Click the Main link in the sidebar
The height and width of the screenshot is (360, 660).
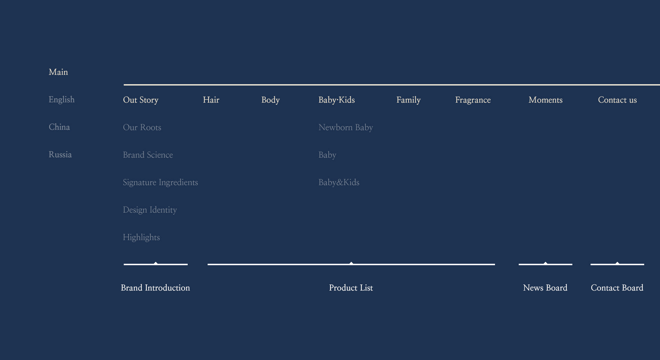[x=58, y=72]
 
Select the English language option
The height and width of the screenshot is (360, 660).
[x=62, y=100]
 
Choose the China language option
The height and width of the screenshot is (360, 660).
[x=59, y=127]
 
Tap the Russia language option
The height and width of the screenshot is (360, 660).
[x=60, y=155]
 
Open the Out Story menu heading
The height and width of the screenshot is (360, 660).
[x=141, y=100]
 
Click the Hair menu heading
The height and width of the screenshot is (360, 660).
[x=211, y=100]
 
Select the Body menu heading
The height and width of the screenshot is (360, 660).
[x=271, y=100]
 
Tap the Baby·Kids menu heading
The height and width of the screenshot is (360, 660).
[x=337, y=100]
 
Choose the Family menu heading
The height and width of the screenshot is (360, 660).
[x=408, y=100]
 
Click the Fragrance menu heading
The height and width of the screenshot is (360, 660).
[x=473, y=100]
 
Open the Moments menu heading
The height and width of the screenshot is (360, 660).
[x=546, y=100]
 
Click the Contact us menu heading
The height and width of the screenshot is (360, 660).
[x=617, y=100]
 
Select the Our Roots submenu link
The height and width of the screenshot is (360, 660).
[x=142, y=127]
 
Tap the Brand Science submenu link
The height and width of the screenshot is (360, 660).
[x=148, y=155]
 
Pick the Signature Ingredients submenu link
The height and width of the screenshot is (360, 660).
[x=161, y=182]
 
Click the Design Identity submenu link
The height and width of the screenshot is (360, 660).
[x=150, y=210]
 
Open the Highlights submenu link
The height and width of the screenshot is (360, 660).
[x=141, y=237]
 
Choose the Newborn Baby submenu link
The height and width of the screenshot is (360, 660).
[x=346, y=127]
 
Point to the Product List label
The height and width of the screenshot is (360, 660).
[x=351, y=288]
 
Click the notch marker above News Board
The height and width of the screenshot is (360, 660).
[x=546, y=263]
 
